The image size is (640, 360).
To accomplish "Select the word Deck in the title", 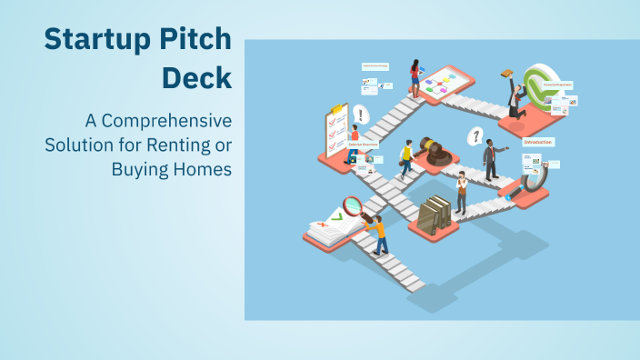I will click(196, 78).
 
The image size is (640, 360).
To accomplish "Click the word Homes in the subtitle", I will click(205, 168).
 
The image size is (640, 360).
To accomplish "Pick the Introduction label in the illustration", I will click(538, 142).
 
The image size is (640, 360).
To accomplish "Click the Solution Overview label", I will click(364, 145).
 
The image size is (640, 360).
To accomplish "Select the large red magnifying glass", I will click(353, 207).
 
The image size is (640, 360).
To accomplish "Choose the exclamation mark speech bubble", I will click(361, 115).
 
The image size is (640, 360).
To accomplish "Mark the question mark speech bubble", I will click(474, 136).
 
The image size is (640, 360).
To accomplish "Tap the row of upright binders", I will click(438, 213).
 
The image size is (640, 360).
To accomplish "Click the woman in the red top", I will click(415, 77).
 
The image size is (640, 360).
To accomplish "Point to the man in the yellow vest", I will click(405, 160).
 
